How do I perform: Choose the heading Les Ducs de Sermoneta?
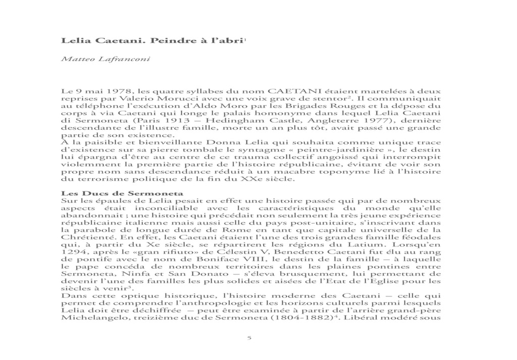pyautogui.click(x=122, y=194)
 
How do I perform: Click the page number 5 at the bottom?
pyautogui.click(x=249, y=338)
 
